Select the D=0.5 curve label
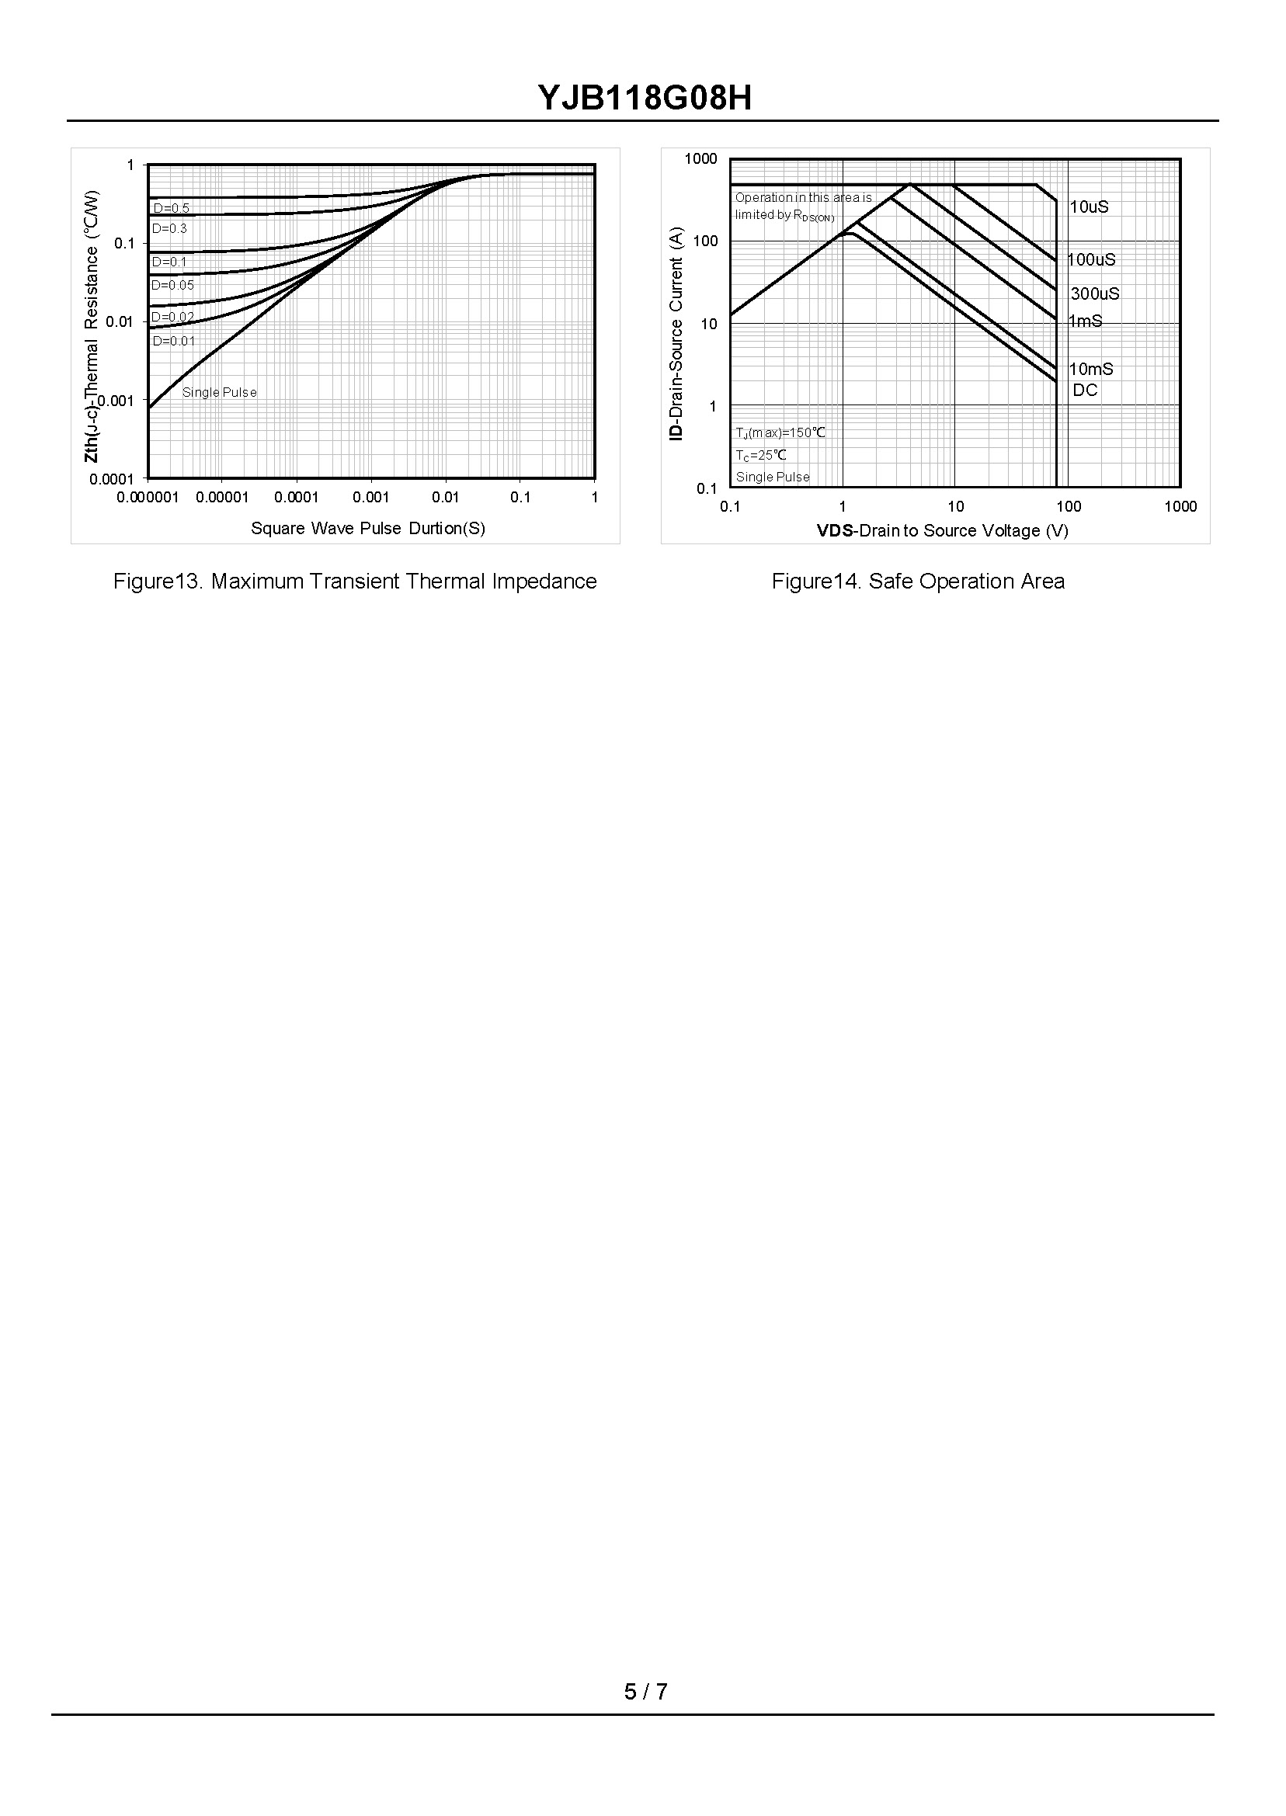[x=171, y=208]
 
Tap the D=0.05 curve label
[x=172, y=285]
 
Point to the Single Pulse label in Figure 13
[x=219, y=392]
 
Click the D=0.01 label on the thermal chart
[x=173, y=341]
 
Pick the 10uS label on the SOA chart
[x=1089, y=207]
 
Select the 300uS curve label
[x=1094, y=293]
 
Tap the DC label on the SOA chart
[x=1085, y=391]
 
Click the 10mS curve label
[x=1090, y=369]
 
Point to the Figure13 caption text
[x=355, y=581]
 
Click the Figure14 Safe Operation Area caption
[x=918, y=581]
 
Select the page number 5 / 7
[x=645, y=1692]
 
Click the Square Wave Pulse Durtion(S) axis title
[x=367, y=528]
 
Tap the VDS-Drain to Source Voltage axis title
[x=942, y=530]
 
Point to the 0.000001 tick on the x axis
[x=148, y=497]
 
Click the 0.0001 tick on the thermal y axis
[x=112, y=479]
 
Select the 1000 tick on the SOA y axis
[x=700, y=159]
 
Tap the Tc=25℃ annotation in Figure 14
[x=761, y=455]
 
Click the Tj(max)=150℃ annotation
[x=780, y=432]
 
